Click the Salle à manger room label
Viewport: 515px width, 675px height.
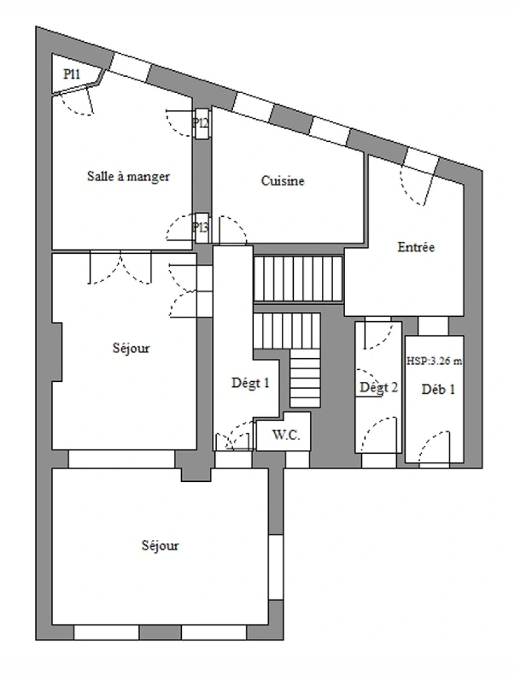point(127,176)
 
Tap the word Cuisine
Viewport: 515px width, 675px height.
point(282,181)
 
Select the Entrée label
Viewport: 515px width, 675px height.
point(416,247)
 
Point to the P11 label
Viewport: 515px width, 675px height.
point(72,74)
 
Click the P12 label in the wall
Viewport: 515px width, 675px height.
point(201,122)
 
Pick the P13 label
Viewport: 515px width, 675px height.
point(200,227)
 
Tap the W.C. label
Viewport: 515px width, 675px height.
point(287,436)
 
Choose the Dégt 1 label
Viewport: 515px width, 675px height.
point(251,384)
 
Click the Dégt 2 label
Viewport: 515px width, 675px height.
point(379,387)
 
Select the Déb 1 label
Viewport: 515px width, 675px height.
point(438,389)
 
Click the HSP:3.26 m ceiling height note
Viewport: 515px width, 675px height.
point(434,361)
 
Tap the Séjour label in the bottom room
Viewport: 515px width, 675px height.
point(160,546)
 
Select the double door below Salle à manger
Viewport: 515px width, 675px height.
point(121,267)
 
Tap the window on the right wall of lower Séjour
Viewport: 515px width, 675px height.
point(276,566)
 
